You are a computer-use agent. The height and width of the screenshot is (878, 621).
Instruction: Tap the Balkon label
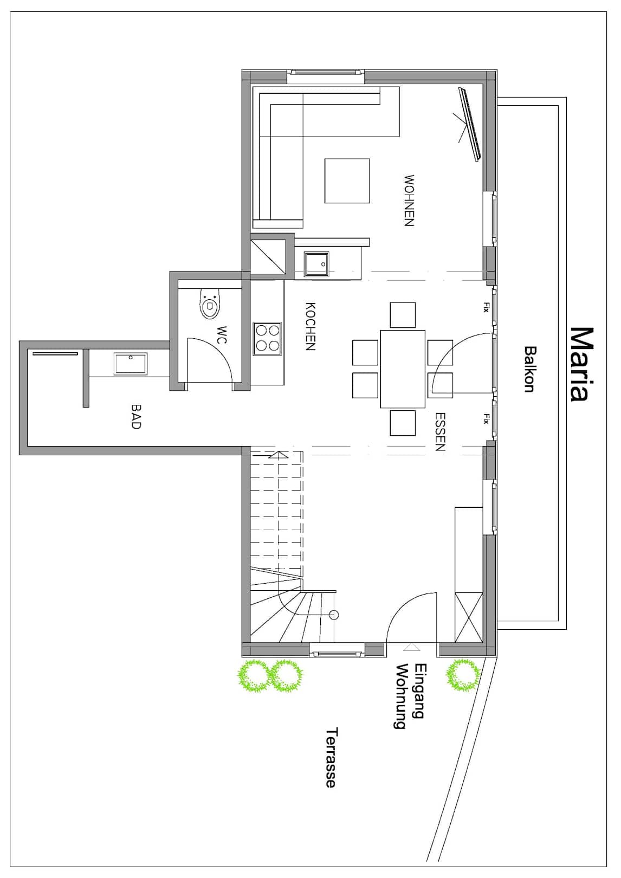(529, 369)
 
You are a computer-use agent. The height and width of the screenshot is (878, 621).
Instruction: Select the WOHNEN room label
(409, 201)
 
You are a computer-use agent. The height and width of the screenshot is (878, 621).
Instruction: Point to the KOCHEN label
(310, 326)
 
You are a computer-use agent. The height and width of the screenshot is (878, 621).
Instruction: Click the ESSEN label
(441, 431)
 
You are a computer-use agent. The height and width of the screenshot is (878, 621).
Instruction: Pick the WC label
(222, 335)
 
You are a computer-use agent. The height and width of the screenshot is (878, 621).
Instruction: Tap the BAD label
(135, 417)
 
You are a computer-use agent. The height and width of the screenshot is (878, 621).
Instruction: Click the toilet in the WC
(210, 304)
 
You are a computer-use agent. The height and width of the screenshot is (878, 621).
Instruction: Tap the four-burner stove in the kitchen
(267, 339)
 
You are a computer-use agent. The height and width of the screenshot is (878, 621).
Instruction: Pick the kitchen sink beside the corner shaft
(316, 264)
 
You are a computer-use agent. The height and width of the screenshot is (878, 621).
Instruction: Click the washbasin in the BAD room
(131, 364)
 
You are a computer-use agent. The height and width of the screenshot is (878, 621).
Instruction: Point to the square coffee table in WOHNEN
(347, 180)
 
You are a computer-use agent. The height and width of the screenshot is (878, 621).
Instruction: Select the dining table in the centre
(403, 369)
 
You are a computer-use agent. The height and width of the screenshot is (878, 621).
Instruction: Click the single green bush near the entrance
(463, 674)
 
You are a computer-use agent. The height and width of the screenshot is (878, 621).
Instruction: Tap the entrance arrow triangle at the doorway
(411, 647)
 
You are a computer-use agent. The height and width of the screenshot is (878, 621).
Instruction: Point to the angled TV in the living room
(470, 125)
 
